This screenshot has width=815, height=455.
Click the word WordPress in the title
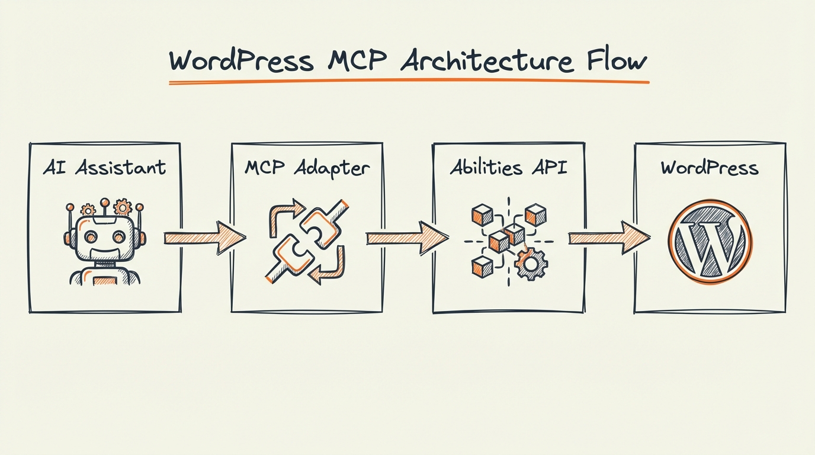(240, 61)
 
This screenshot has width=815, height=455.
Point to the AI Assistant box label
(104, 168)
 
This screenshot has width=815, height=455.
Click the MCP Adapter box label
(307, 168)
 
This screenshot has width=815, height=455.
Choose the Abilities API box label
(508, 168)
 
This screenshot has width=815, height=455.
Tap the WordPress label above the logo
(710, 168)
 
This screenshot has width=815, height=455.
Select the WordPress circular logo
(710, 242)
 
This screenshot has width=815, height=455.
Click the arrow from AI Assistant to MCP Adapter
(204, 238)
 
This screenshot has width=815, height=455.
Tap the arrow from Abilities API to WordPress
(609, 238)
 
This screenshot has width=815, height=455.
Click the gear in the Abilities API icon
(531, 264)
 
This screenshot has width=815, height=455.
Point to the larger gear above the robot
(123, 207)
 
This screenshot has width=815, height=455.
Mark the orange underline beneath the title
(409, 82)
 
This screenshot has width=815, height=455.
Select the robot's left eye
(91, 237)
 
